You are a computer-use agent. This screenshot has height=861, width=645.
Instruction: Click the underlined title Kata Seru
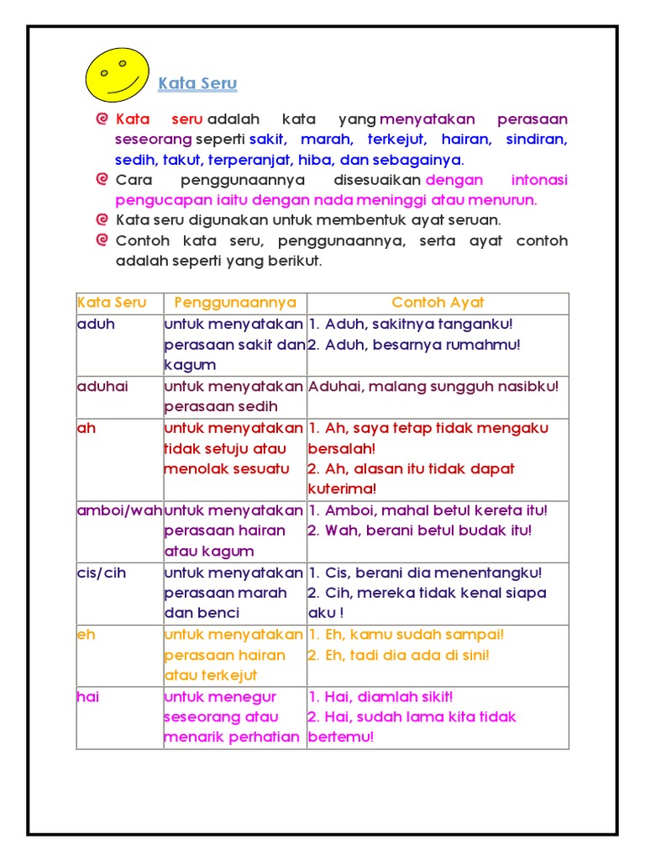[197, 84]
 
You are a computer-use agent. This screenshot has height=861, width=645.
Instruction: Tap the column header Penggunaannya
[235, 303]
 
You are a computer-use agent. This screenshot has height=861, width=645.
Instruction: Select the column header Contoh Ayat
[438, 303]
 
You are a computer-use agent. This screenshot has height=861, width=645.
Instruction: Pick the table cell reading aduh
[95, 324]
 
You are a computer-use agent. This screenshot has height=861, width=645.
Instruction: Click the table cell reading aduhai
[104, 386]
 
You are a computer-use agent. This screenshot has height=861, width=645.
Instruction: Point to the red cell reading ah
[87, 428]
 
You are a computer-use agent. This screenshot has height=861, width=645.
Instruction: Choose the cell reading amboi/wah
[119, 510]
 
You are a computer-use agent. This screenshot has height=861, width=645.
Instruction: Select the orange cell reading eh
[86, 635]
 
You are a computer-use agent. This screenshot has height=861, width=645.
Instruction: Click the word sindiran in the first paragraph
[538, 140]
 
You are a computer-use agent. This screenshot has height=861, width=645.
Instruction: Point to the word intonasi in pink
[539, 180]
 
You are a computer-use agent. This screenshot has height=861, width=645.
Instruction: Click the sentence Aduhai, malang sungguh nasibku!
[433, 386]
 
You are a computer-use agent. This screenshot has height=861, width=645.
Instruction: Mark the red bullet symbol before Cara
[102, 179]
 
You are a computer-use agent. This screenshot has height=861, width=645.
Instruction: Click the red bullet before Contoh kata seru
[102, 240]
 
